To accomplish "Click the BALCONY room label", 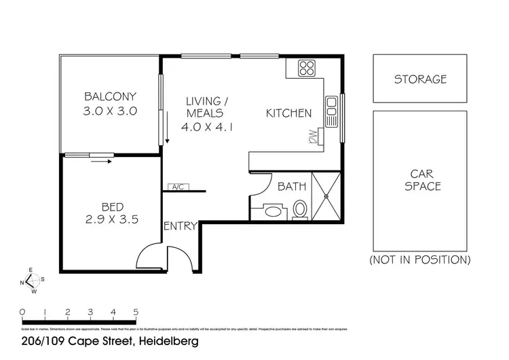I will click(x=110, y=96).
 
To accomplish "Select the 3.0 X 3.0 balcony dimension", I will click(x=110, y=111).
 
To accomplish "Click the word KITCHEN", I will click(x=288, y=113).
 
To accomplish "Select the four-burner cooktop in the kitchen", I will click(x=307, y=68).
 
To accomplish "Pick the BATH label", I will click(x=293, y=186).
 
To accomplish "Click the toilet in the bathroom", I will click(x=301, y=210).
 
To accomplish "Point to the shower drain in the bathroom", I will click(x=326, y=196).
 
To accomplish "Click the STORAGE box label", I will click(x=421, y=79).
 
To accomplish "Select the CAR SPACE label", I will click(x=422, y=179).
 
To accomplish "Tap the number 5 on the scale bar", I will click(x=136, y=312).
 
